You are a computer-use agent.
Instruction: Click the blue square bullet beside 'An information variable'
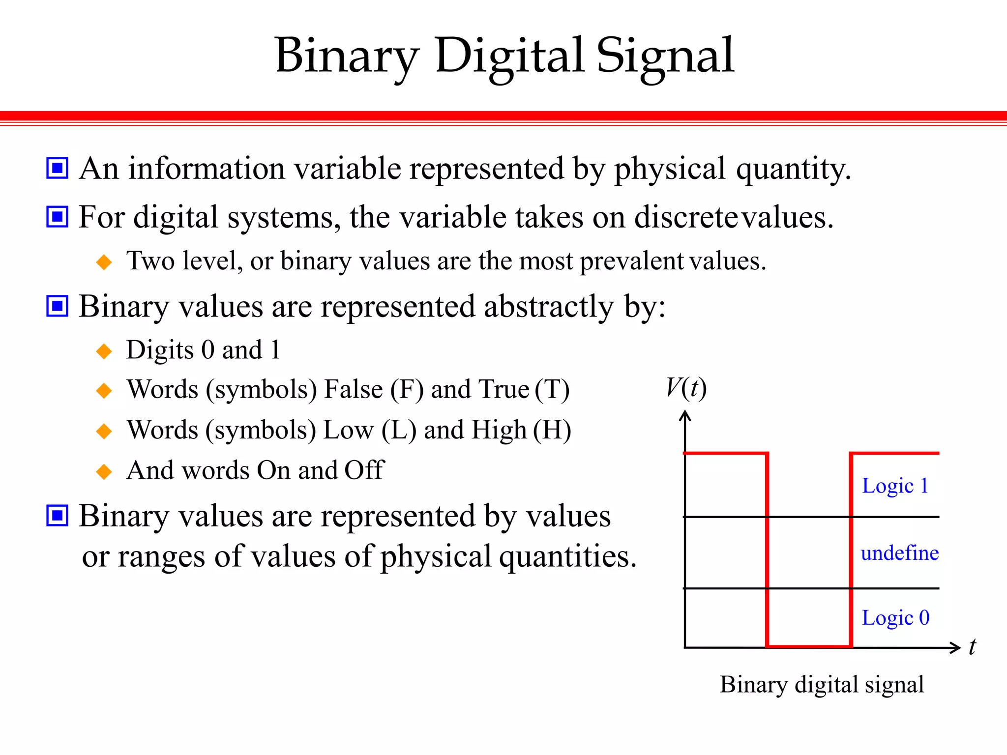point(57,168)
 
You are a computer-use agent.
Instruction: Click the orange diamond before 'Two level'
point(104,262)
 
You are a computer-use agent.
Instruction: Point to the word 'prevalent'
point(632,261)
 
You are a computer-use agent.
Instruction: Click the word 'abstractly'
point(549,307)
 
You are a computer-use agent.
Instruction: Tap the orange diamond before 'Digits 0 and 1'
point(104,351)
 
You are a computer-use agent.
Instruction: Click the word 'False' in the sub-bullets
point(354,389)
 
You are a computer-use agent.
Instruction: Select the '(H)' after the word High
point(552,430)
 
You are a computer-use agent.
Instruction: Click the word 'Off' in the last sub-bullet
point(364,470)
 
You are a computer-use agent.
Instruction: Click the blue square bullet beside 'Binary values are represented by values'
point(57,516)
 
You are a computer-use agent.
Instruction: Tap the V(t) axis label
point(686,388)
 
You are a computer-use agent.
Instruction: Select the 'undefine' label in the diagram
point(899,553)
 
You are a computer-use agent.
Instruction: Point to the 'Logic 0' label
point(895,618)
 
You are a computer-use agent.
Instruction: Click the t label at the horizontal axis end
point(972,647)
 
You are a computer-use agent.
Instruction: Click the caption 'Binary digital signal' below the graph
point(822,685)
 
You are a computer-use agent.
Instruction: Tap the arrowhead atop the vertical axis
point(685,416)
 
